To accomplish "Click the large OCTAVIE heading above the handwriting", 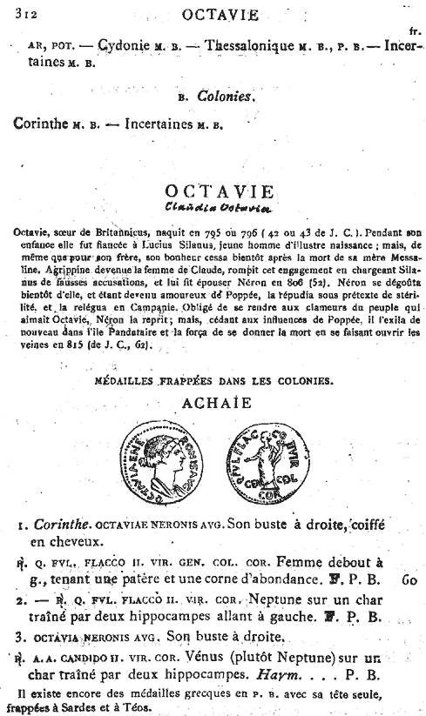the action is pos(218,191).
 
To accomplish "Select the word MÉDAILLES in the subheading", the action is pos(141,379).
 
